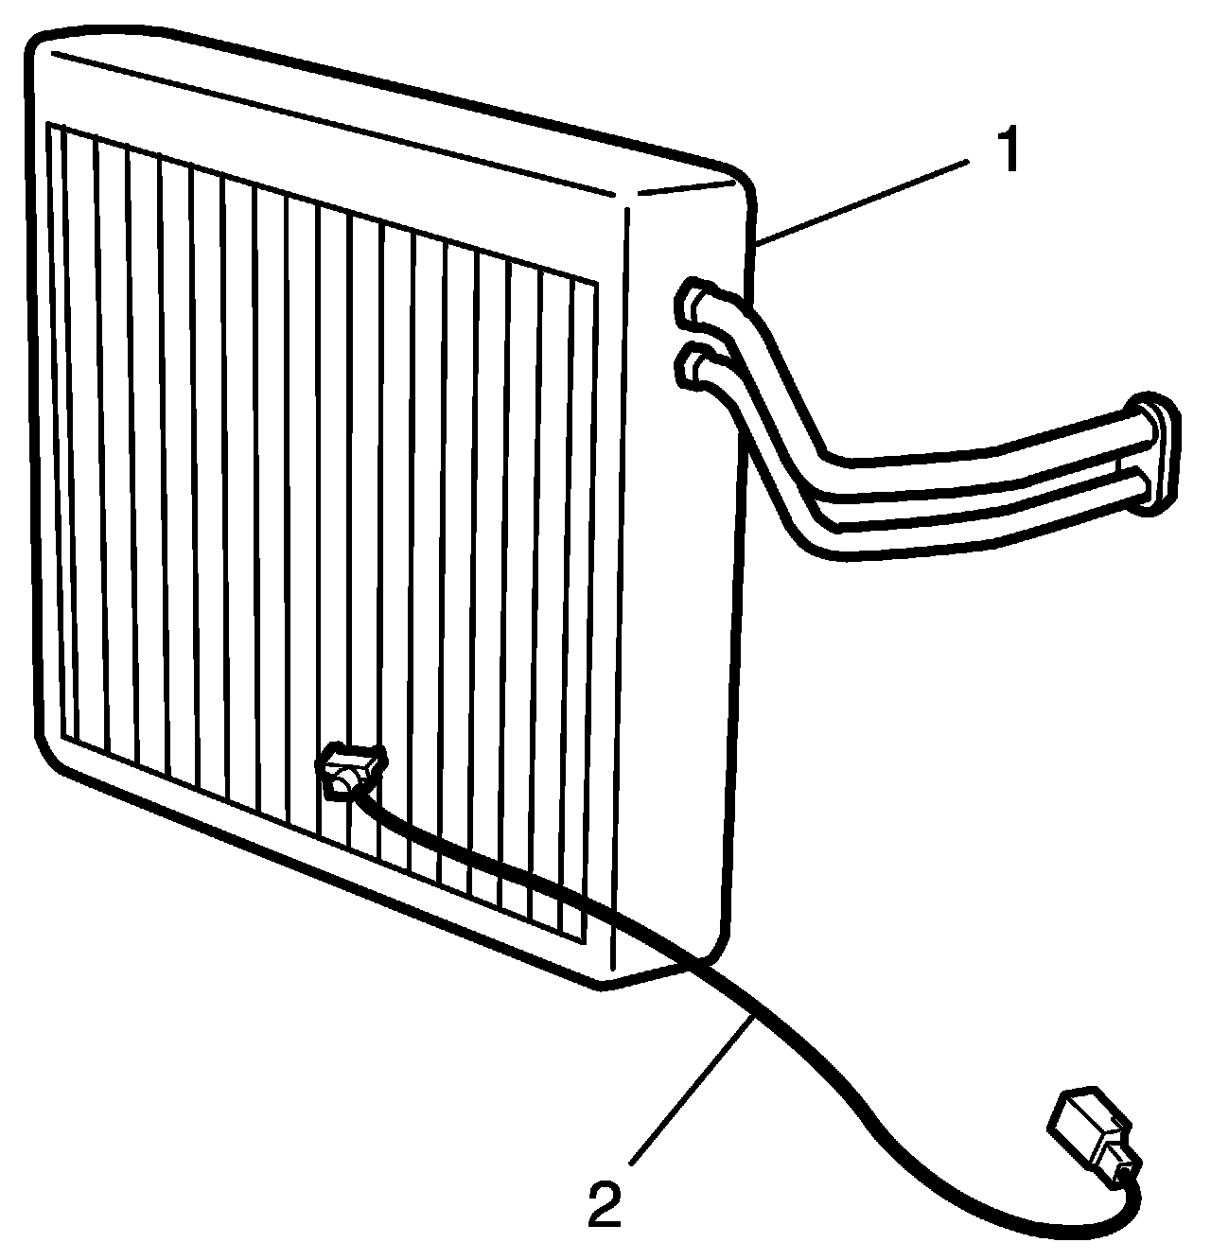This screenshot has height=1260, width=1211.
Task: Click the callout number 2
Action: pos(605,1200)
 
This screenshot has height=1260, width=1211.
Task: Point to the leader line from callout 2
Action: pos(691,1088)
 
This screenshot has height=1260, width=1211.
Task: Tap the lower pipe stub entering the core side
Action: pos(696,369)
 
